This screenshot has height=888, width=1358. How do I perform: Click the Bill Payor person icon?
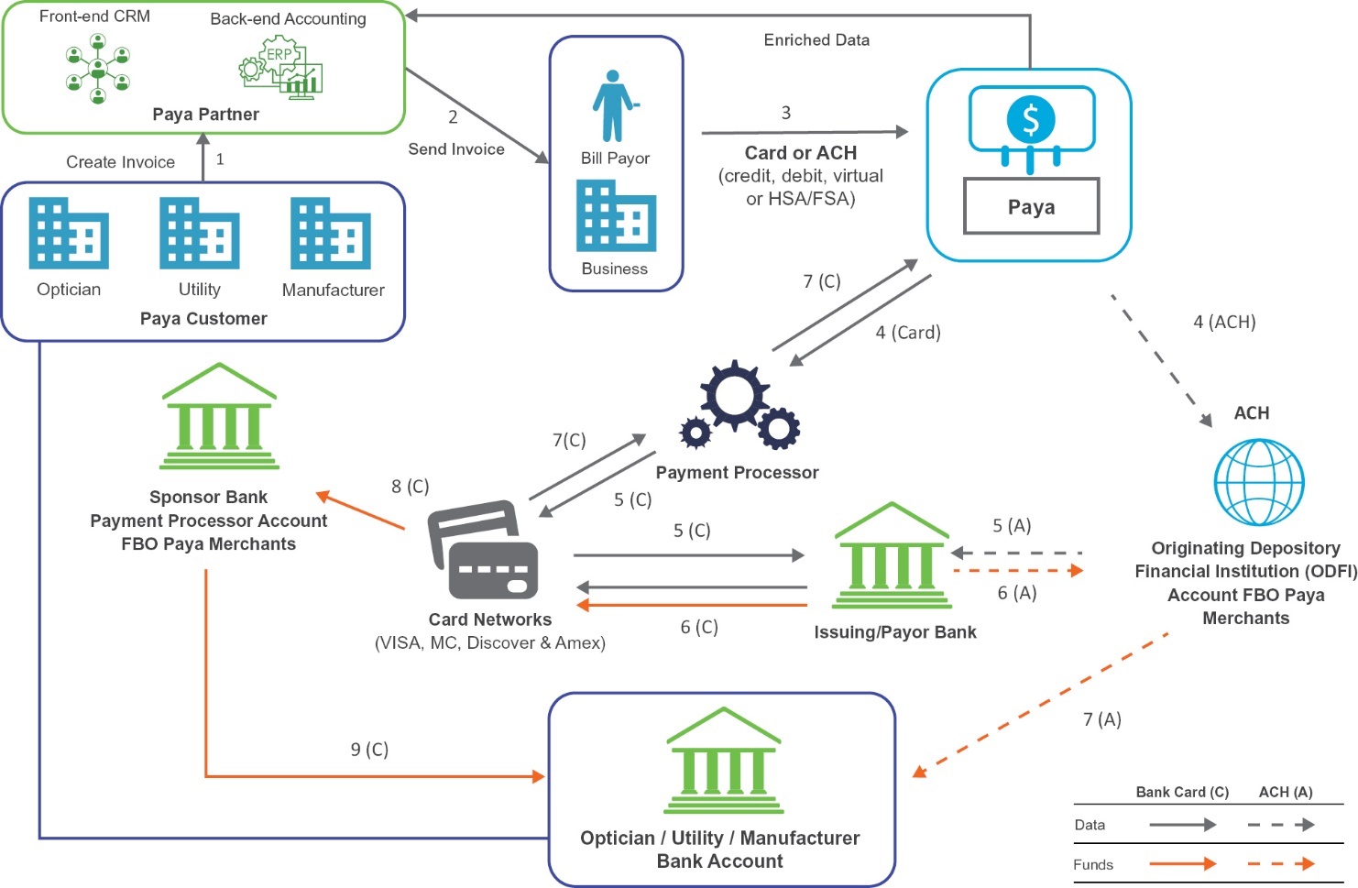(613, 105)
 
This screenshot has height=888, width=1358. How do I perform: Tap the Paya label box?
(1031, 206)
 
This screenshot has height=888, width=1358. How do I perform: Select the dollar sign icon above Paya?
(1031, 120)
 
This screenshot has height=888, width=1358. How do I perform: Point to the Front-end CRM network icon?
(98, 69)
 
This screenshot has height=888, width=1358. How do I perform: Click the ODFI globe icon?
(1258, 482)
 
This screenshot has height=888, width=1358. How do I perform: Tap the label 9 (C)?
(369, 750)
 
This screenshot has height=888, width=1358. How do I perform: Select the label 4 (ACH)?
(1224, 322)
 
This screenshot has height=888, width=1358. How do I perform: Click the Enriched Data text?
(816, 40)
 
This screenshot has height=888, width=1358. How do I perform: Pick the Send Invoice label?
(456, 149)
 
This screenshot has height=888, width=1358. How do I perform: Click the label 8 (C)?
(410, 487)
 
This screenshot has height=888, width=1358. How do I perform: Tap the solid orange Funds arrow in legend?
(1182, 863)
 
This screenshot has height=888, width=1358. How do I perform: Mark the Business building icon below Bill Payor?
(616, 215)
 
